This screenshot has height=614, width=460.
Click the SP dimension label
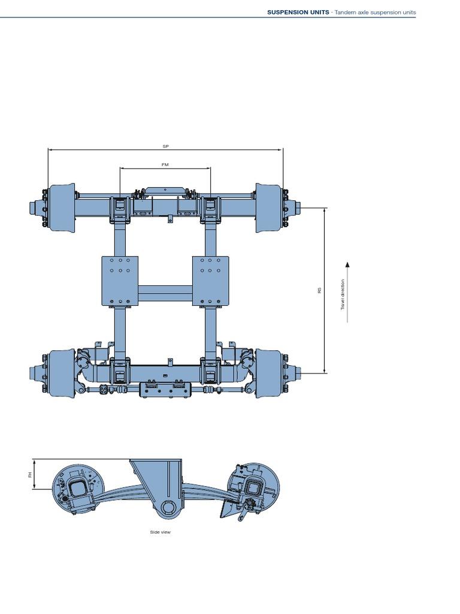(x=166, y=146)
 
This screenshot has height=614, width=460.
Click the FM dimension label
(x=166, y=164)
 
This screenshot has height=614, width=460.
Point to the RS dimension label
(x=320, y=290)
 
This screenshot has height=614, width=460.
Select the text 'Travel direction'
(x=343, y=294)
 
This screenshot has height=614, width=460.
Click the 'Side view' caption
(x=161, y=532)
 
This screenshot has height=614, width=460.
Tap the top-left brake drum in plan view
(x=62, y=207)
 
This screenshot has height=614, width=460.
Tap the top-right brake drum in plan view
(x=268, y=207)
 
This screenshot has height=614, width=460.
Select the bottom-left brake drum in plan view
(x=62, y=372)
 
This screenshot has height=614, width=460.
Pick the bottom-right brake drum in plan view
(x=268, y=372)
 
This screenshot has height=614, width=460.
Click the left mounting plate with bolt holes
(x=120, y=281)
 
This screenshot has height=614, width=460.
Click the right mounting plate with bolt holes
(x=210, y=281)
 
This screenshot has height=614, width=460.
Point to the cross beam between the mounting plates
(x=165, y=293)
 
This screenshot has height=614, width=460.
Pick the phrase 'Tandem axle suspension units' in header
(x=374, y=12)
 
